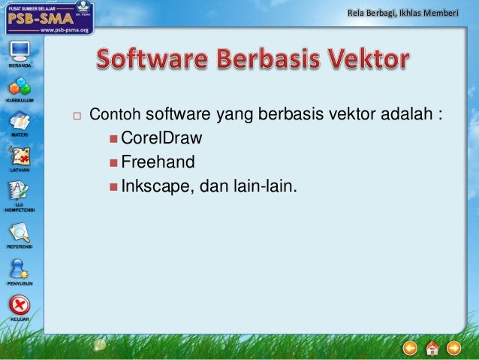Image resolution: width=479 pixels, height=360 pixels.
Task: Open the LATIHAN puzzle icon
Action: pyautogui.click(x=20, y=156)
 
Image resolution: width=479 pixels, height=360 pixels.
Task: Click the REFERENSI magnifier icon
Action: pyautogui.click(x=20, y=232)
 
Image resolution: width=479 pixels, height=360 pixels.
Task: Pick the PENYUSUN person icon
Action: pyautogui.click(x=20, y=268)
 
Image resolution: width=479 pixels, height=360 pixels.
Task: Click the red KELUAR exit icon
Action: pyautogui.click(x=20, y=304)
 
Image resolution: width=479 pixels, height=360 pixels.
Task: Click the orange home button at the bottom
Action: pyautogui.click(x=432, y=348)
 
